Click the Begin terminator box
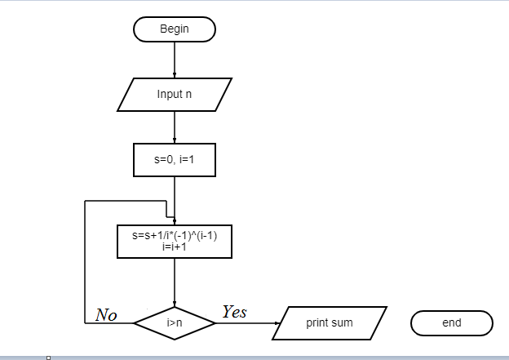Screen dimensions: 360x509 click(175, 29)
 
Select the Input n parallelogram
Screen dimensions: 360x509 click(175, 95)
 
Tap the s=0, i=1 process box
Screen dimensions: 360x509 click(175, 160)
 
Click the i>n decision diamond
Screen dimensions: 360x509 click(175, 323)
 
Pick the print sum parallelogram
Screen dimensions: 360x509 click(330, 323)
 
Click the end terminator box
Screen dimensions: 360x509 click(452, 323)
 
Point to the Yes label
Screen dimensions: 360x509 click(234, 312)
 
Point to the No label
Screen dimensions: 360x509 click(106, 315)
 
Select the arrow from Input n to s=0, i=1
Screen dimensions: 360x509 click(175, 127)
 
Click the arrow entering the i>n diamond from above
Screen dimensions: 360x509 click(175, 282)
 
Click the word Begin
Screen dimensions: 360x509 click(175, 29)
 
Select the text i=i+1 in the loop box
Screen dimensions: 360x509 click(175, 247)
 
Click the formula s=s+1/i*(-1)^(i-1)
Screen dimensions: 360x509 click(175, 236)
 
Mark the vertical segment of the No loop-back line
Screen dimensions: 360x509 click(85, 261)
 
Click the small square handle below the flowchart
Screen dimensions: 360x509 click(49, 358)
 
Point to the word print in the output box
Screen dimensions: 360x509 click(317, 323)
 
